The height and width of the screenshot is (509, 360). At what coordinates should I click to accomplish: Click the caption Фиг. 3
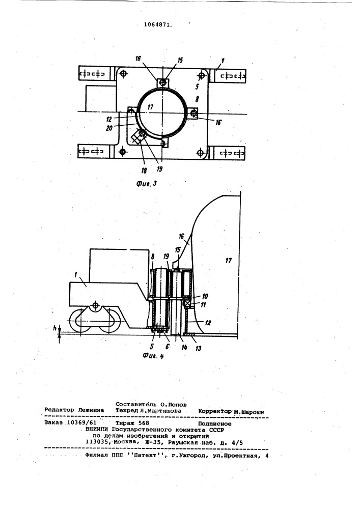pyautogui.click(x=147, y=184)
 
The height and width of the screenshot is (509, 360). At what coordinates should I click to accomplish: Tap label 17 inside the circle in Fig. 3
pyautogui.click(x=150, y=106)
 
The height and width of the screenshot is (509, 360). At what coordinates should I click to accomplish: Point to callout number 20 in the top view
pyautogui.click(x=109, y=128)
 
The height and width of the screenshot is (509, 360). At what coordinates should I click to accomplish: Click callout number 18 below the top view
pyautogui.click(x=144, y=171)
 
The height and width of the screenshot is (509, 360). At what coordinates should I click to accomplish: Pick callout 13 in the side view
pyautogui.click(x=198, y=348)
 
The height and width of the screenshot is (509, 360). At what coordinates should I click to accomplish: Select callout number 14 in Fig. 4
pyautogui.click(x=184, y=348)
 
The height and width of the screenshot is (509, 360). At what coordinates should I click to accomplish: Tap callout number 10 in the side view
pyautogui.click(x=205, y=296)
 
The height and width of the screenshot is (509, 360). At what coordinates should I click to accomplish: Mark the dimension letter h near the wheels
pyautogui.click(x=54, y=328)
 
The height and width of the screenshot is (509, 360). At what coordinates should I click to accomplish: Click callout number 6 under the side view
pyautogui.click(x=168, y=347)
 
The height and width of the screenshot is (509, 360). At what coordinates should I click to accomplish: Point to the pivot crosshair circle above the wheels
pyautogui.click(x=95, y=305)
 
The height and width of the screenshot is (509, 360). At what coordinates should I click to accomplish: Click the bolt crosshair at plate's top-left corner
pyautogui.click(x=123, y=74)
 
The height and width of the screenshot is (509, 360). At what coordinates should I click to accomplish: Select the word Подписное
pyautogui.click(x=214, y=423)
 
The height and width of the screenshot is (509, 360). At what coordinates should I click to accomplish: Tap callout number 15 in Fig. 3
pyautogui.click(x=180, y=61)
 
